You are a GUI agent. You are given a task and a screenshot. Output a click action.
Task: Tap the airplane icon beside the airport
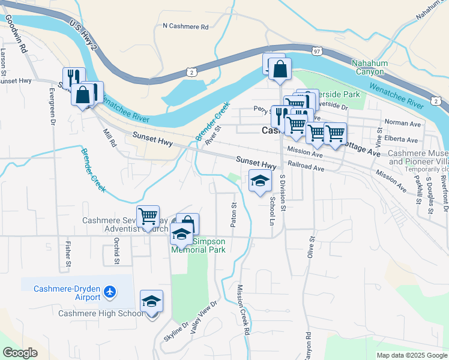tap(110, 292)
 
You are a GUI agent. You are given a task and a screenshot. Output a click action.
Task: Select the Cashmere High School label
tap(101, 313)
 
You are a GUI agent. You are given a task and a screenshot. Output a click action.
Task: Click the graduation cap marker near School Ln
tap(260, 181)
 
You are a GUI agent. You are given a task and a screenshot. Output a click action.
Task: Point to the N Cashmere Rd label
tap(185, 26)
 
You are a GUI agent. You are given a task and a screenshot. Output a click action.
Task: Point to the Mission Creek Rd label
tap(243, 309)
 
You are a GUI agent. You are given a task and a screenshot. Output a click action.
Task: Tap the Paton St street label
tap(234, 214)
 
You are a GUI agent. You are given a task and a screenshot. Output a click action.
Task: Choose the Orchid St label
tap(116, 251)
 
